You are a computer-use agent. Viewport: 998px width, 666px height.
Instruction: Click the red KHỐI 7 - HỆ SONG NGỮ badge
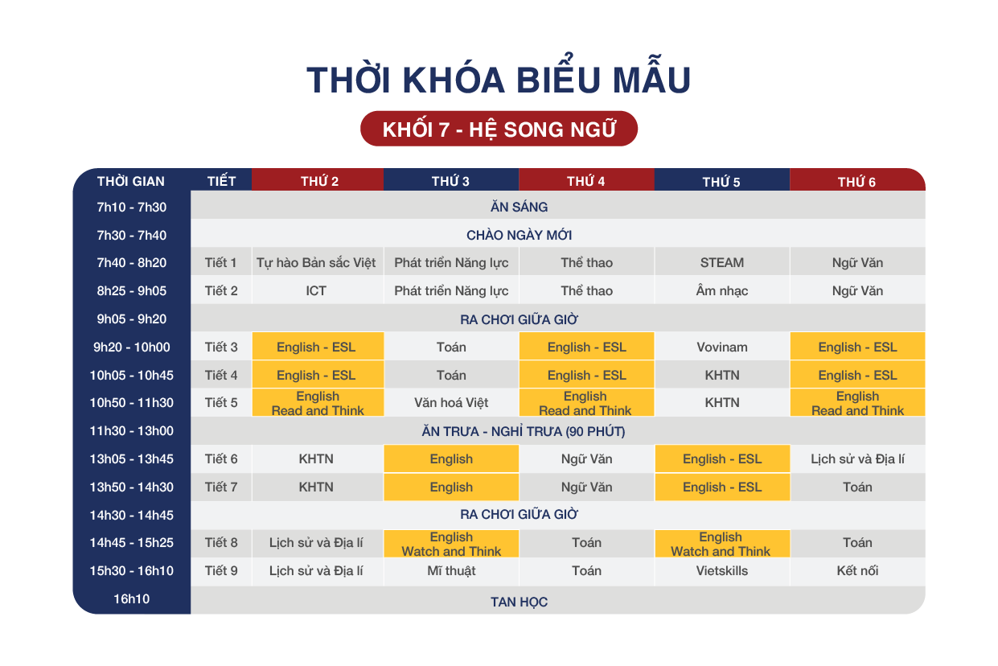coord(499,129)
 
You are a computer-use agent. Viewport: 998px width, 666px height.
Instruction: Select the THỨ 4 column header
coord(586,180)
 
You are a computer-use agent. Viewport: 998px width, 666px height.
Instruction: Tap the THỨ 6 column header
coord(856,180)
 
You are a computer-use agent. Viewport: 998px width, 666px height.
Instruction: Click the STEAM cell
coord(722,262)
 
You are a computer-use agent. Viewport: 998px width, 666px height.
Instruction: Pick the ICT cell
coord(316,290)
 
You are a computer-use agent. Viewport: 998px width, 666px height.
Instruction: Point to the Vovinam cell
coord(722,347)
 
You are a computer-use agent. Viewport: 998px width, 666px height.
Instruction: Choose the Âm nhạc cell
coord(722,290)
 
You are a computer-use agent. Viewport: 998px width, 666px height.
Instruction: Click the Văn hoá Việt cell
coord(451,402)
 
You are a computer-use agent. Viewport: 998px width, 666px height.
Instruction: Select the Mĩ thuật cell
coord(451,570)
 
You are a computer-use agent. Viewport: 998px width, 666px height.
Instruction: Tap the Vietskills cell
coord(722,570)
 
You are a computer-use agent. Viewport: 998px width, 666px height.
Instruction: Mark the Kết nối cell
coord(857,570)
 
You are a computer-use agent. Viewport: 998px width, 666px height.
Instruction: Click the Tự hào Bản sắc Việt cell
coord(316,262)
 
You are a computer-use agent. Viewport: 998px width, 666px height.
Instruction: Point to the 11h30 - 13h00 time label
coord(131,431)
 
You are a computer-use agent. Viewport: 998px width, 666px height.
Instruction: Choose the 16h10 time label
coord(131,598)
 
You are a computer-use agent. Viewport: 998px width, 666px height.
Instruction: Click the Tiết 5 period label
coord(221,402)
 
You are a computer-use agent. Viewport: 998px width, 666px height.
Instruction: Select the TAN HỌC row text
coord(519,602)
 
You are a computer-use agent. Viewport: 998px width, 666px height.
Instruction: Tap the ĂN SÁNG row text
coord(519,207)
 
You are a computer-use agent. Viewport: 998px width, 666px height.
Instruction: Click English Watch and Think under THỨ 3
coord(451,544)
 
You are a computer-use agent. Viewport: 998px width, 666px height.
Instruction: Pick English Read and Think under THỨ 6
coord(857,403)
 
